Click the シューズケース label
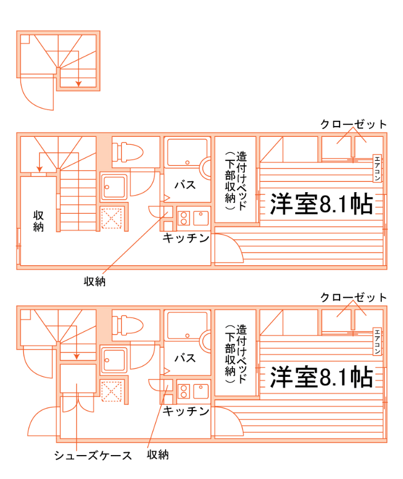tap(93, 456)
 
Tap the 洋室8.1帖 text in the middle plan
tap(321, 204)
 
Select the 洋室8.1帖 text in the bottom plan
tap(321, 377)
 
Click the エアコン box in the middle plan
tap(377, 168)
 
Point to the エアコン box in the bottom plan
tap(377, 342)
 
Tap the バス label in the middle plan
tap(185, 185)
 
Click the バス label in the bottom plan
tap(185, 358)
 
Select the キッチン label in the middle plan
tap(186, 238)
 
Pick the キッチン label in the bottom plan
tap(186, 411)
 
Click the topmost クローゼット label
tap(353, 124)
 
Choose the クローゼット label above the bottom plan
tap(353, 297)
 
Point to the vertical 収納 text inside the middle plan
tap(39, 221)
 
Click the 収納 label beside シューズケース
tap(158, 455)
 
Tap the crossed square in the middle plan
tap(112, 217)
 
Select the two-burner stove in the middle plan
tap(184, 217)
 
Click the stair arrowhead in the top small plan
tap(78, 85)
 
